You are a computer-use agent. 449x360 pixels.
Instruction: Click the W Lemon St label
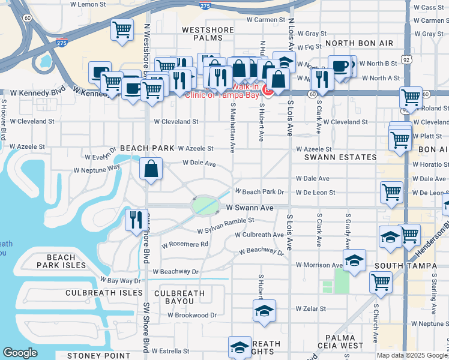pyautogui.click(x=88, y=4)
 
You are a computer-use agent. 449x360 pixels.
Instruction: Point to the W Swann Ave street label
pyautogui.click(x=250, y=208)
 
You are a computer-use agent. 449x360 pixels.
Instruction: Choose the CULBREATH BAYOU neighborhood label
pyautogui.click(x=179, y=298)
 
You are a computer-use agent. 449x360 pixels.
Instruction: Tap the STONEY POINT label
pyautogui.click(x=98, y=355)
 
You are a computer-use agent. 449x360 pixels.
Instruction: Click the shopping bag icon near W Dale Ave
pyautogui.click(x=151, y=169)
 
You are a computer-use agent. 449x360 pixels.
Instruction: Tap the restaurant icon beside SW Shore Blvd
pyautogui.click(x=136, y=220)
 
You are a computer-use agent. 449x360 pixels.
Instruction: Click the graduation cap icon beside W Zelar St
pyautogui.click(x=264, y=311)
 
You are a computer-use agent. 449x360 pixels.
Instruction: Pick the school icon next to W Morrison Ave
pyautogui.click(x=354, y=260)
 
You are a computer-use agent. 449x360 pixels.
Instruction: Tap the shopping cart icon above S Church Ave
pyautogui.click(x=381, y=282)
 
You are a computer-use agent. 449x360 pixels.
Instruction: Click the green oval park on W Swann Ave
pyautogui.click(x=205, y=206)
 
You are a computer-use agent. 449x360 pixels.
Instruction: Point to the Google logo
pyautogui.click(x=20, y=353)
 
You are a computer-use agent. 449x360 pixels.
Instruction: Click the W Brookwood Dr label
pyautogui.click(x=192, y=315)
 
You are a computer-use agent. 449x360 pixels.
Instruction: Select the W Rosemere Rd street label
pyautogui.click(x=184, y=244)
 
